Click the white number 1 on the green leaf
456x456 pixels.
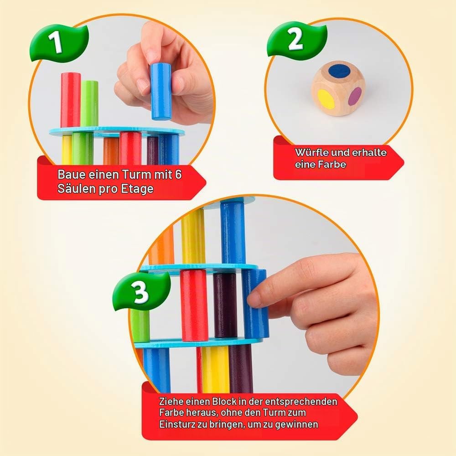coord(56,41)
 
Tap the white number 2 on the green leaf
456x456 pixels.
coord(295,40)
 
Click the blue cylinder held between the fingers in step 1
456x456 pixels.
coord(161,92)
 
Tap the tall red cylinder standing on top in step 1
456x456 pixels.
coord(70,100)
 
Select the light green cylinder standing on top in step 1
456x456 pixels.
coord(89,104)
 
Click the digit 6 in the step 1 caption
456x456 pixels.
coord(178,175)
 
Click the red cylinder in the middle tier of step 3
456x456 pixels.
coord(193,306)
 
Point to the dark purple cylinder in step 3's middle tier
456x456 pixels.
coord(225,306)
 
